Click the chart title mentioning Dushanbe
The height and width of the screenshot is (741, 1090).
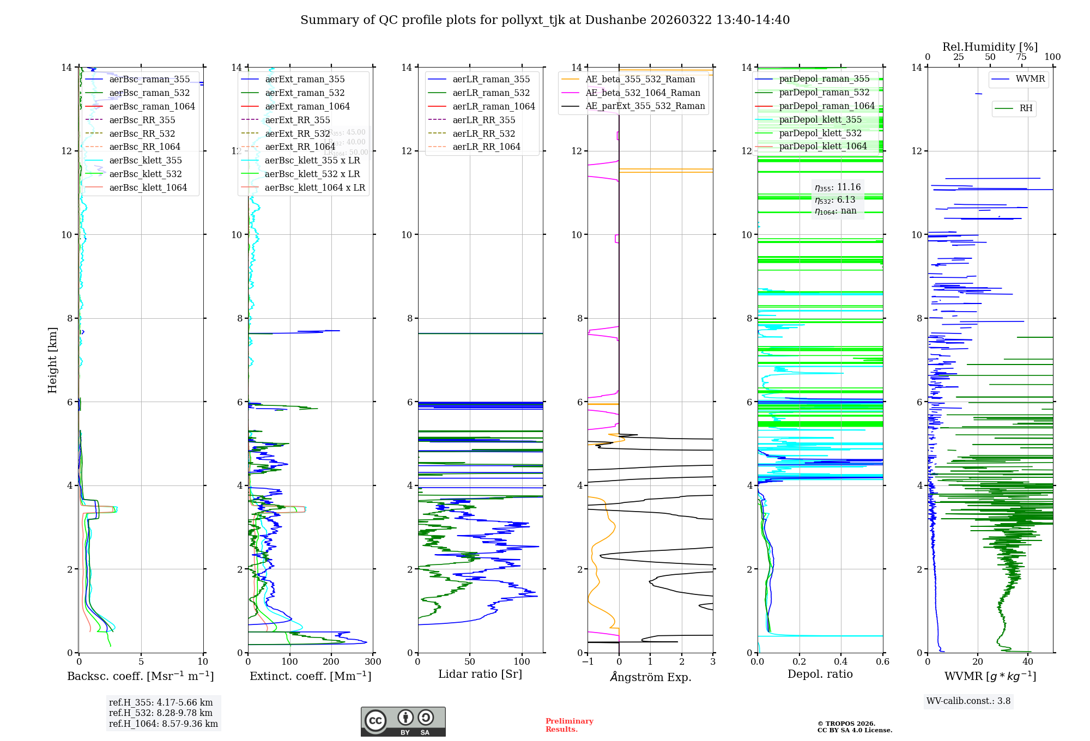click(545, 20)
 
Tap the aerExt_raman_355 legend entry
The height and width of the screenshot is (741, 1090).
click(305, 80)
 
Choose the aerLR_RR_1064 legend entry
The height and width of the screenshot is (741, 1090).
click(486, 147)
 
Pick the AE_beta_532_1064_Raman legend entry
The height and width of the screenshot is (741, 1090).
click(643, 93)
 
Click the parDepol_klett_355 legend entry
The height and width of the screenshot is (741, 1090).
click(820, 120)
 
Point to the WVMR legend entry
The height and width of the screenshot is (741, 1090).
click(1030, 79)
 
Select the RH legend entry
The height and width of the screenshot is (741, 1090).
click(1026, 108)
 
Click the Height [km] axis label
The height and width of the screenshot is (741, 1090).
click(52, 360)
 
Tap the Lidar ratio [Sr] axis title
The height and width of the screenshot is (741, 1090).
click(480, 675)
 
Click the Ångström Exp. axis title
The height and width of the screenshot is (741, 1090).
click(650, 677)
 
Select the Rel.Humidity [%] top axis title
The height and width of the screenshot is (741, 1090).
click(990, 47)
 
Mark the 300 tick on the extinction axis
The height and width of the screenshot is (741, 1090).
click(373, 662)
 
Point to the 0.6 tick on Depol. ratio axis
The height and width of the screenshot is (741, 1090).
click(882, 662)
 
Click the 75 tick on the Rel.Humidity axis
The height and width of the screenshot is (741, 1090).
click(1021, 57)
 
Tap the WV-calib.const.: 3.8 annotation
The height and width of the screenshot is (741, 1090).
click(968, 701)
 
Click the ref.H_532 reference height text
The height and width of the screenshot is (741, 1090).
click(161, 713)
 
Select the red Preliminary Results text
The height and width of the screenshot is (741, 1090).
click(569, 725)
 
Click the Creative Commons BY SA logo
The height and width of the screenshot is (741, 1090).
click(403, 722)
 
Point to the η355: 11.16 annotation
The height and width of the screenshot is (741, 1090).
click(838, 187)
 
